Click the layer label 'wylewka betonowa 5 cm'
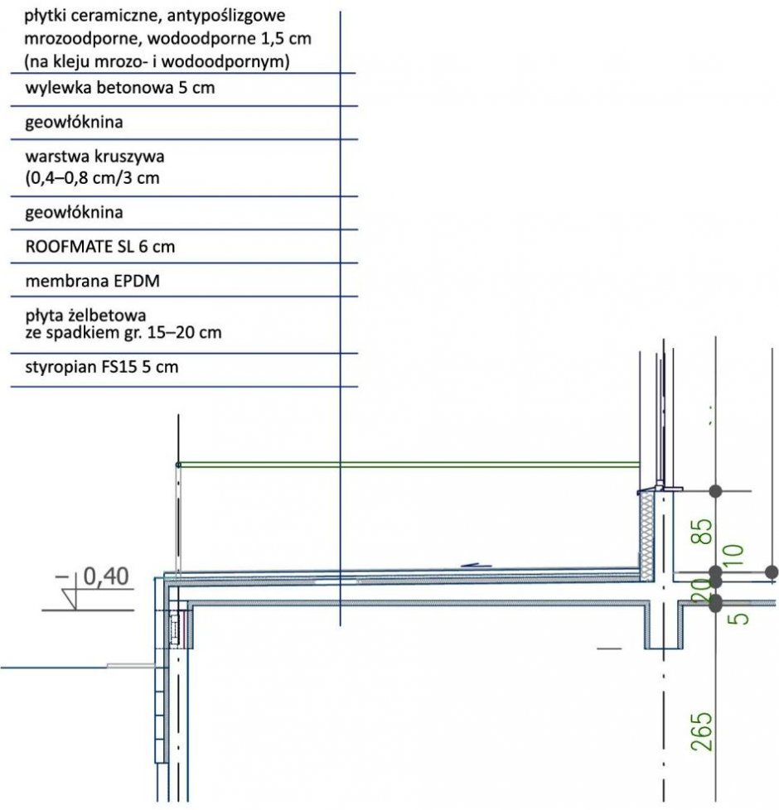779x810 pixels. coord(120,88)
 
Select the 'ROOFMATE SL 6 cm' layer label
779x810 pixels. coord(99,247)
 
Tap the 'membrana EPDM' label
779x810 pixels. coord(93,281)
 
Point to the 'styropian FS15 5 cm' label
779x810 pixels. coord(102,367)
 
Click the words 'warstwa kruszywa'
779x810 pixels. coord(94,156)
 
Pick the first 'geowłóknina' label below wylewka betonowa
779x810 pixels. coord(74,123)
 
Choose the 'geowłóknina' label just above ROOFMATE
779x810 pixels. coord(74,212)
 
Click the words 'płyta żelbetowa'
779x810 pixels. coord(85,315)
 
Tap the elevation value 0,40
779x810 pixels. coord(106,576)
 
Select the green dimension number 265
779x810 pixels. coord(702,731)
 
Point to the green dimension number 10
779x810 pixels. coord(734,557)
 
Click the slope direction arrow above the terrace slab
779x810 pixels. coord(476,565)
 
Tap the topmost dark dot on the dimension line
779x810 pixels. coord(715,491)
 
